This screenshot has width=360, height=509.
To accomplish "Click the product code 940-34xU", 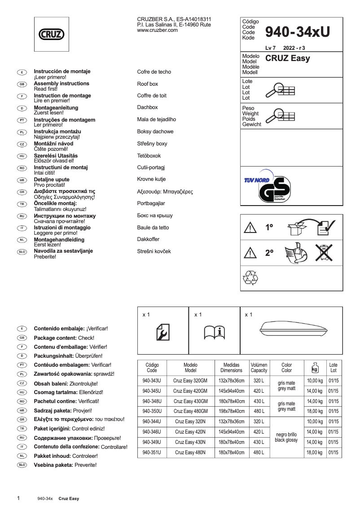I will pyautogui.click(x=297, y=31).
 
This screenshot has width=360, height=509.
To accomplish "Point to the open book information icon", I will pyautogui.click(x=214, y=332).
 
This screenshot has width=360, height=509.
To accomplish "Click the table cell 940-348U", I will pyautogui.click(x=152, y=401).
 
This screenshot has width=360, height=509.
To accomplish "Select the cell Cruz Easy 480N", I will pyautogui.click(x=190, y=452).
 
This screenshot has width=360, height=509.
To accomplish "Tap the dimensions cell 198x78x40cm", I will pyautogui.click(x=231, y=411).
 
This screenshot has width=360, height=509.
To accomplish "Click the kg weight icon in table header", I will pyautogui.click(x=315, y=368).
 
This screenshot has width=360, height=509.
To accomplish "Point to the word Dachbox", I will pyautogui.click(x=148, y=108).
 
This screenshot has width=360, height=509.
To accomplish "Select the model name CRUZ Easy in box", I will pyautogui.click(x=287, y=58).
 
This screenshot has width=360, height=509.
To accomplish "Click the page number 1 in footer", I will pyautogui.click(x=18, y=498).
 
